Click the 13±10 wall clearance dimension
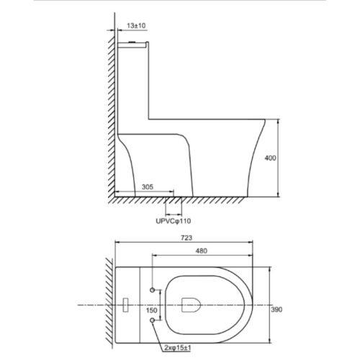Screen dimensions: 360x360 point(136,26)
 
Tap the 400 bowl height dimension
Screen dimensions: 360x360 point(270,158)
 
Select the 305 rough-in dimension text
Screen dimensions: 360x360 point(148,186)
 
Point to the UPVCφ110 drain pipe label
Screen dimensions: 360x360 point(174,221)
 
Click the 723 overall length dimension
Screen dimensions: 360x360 point(186,238)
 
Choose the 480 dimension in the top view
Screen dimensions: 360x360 point(201,251)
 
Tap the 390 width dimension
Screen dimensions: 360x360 point(276,310)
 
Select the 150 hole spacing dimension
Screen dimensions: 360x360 point(152,310)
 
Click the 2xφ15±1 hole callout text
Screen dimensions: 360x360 point(178,348)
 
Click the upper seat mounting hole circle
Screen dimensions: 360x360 point(152,290)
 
